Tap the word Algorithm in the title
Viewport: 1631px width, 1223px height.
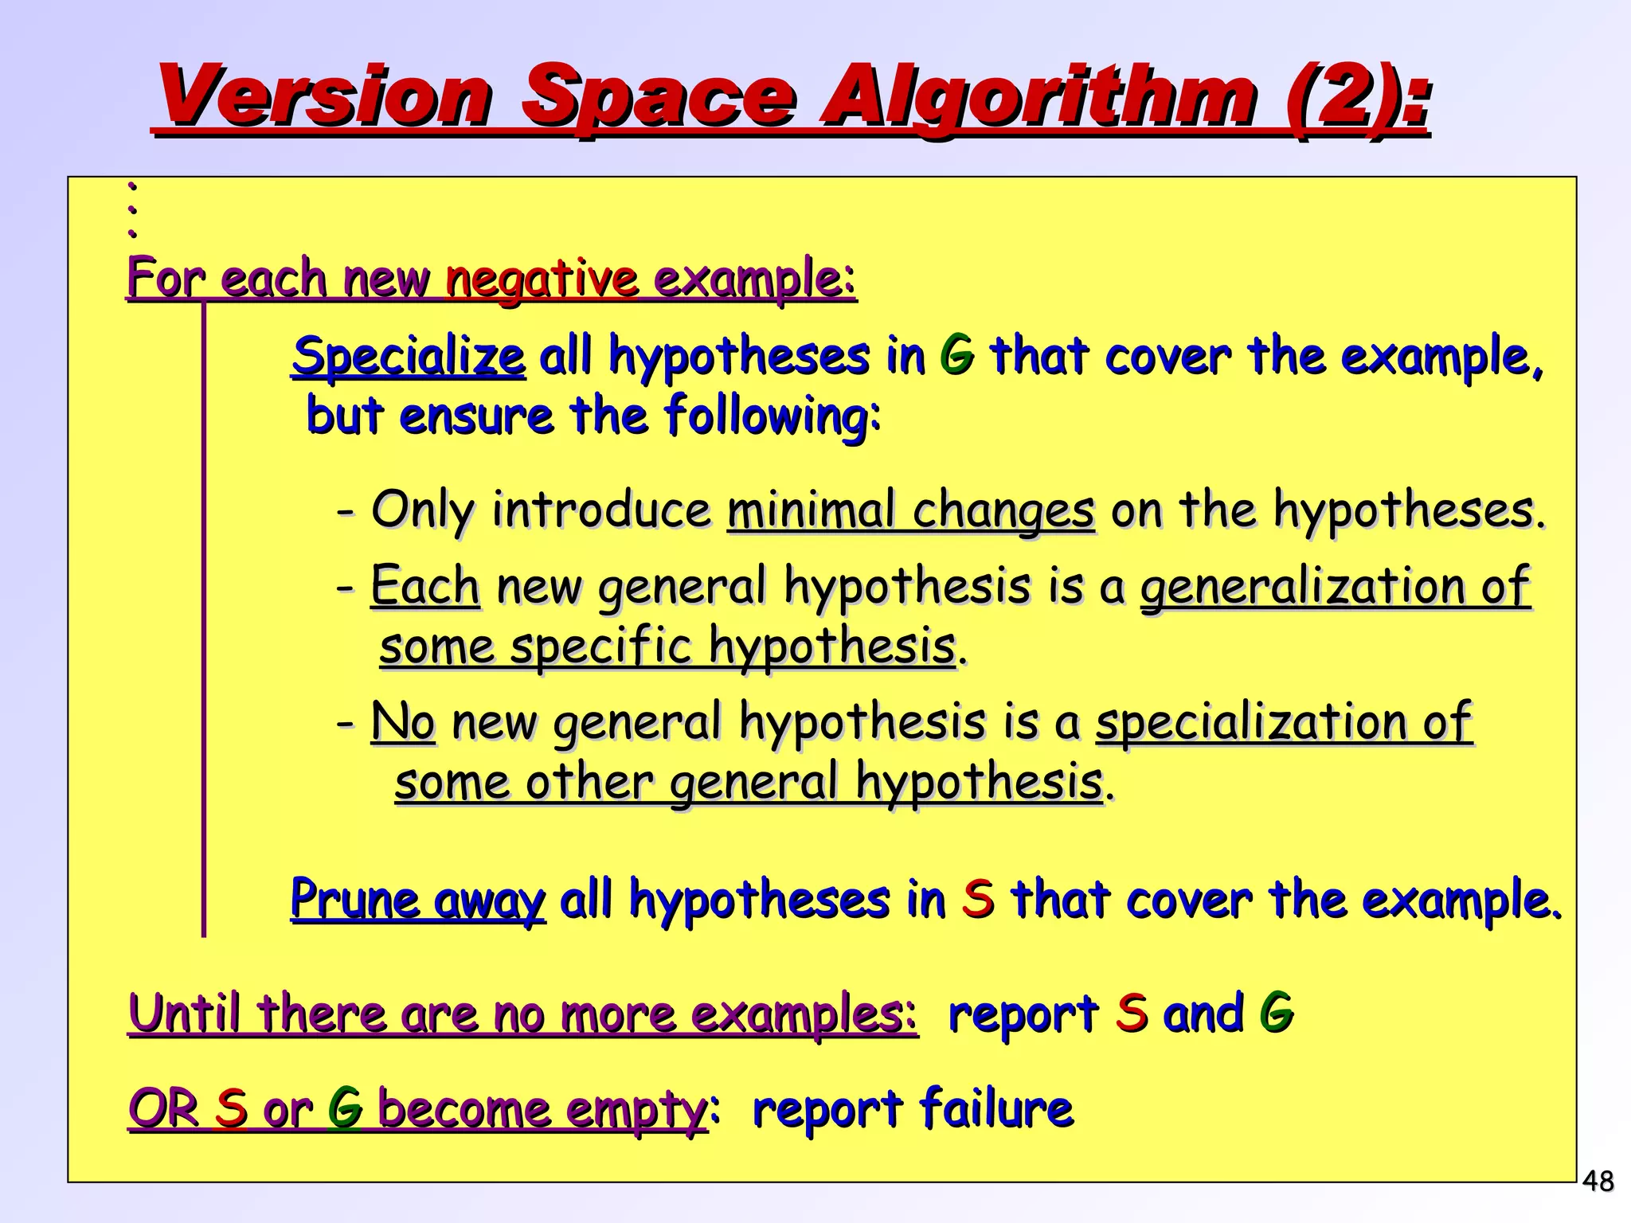(x=1035, y=97)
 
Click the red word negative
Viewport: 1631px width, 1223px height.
(x=542, y=279)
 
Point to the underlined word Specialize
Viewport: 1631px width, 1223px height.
(x=409, y=356)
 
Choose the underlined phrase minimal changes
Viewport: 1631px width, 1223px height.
(x=910, y=510)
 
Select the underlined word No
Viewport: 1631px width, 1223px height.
(x=403, y=721)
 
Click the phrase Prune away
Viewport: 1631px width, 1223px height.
(x=418, y=901)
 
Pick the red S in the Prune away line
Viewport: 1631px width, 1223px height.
(x=978, y=899)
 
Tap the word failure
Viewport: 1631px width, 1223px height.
(x=995, y=1108)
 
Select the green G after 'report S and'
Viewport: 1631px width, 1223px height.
(x=1276, y=1013)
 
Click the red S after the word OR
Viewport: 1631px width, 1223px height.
(x=231, y=1108)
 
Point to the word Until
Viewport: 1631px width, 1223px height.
(x=183, y=1014)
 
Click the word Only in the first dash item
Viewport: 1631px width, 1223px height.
(x=422, y=510)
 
